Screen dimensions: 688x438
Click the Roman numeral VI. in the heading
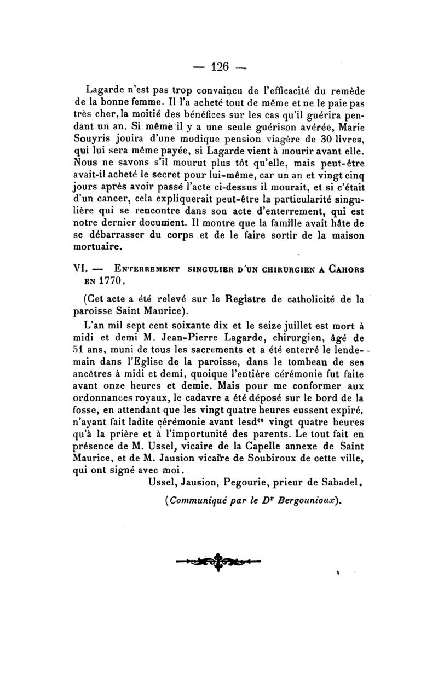pos(81,269)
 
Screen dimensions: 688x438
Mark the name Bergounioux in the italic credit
pos(309,501)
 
